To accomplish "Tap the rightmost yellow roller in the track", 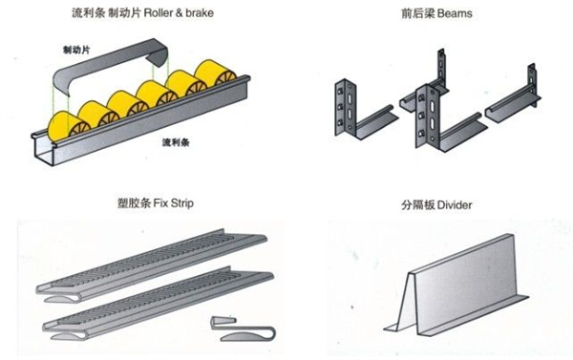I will pos(217,75).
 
